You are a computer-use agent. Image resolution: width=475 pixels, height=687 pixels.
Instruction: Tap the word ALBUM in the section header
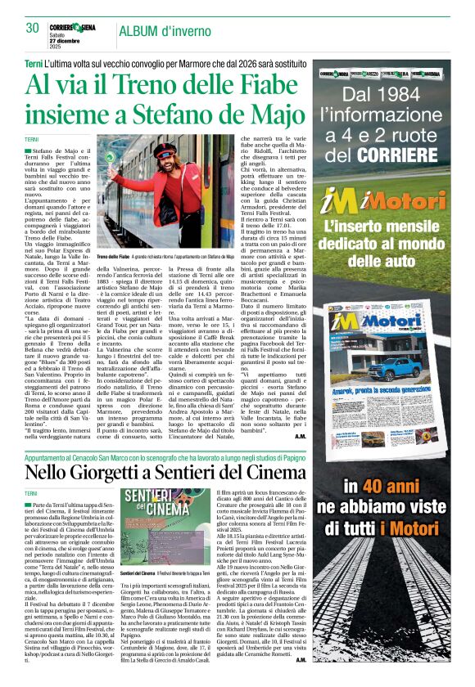pos(142,31)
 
